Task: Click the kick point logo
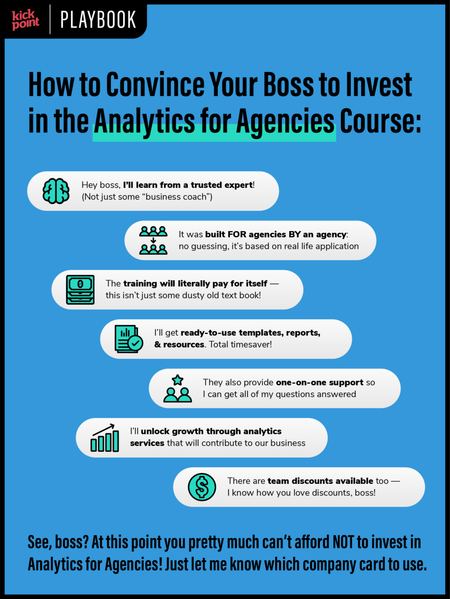click(x=25, y=20)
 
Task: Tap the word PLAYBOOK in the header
click(x=98, y=20)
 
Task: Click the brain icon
click(x=56, y=191)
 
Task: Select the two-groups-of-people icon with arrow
click(x=153, y=240)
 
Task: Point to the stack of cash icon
click(x=80, y=289)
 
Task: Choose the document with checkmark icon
click(x=129, y=339)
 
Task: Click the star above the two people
click(x=178, y=380)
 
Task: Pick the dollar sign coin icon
click(x=202, y=487)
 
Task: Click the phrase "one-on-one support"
click(x=319, y=382)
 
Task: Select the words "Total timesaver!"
click(x=240, y=344)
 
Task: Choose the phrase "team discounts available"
click(x=320, y=481)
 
